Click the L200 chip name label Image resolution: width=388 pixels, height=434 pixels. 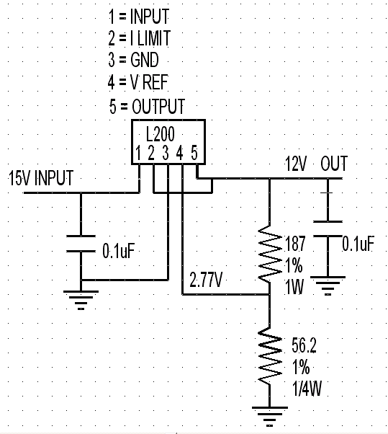pyautogui.click(x=161, y=134)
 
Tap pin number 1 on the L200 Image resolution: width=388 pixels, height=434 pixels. pyautogui.click(x=138, y=153)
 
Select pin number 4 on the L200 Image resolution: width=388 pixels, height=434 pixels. pyautogui.click(x=180, y=153)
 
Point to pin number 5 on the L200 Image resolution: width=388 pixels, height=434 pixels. pyautogui.click(x=194, y=153)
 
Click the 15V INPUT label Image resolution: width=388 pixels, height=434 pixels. pyautogui.click(x=41, y=178)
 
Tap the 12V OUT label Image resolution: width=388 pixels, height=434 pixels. pyautogui.click(x=316, y=164)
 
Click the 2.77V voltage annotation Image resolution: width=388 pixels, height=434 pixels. pyautogui.click(x=206, y=280)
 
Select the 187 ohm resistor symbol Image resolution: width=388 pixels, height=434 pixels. pyautogui.click(x=270, y=254)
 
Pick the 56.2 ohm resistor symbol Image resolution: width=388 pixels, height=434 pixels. pyautogui.click(x=270, y=355)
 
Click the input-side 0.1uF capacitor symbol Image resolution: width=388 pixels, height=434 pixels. pyautogui.click(x=81, y=244)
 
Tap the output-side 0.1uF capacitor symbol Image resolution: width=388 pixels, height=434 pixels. pyautogui.click(x=328, y=229)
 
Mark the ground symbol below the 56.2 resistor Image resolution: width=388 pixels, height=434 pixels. pyautogui.click(x=270, y=416)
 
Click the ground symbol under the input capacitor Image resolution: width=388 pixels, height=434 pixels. pyautogui.click(x=81, y=300)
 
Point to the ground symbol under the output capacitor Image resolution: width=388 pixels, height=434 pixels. pyautogui.click(x=328, y=285)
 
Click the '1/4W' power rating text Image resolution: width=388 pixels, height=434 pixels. pyautogui.click(x=307, y=389)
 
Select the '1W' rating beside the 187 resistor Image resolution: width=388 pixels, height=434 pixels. pyautogui.click(x=294, y=287)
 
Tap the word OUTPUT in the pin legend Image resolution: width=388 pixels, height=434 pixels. pyautogui.click(x=158, y=106)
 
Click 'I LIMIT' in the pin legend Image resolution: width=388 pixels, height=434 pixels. pyautogui.click(x=150, y=38)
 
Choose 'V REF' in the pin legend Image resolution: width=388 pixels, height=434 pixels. pyautogui.click(x=149, y=82)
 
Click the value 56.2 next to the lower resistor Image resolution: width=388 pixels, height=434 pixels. pyautogui.click(x=304, y=345)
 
